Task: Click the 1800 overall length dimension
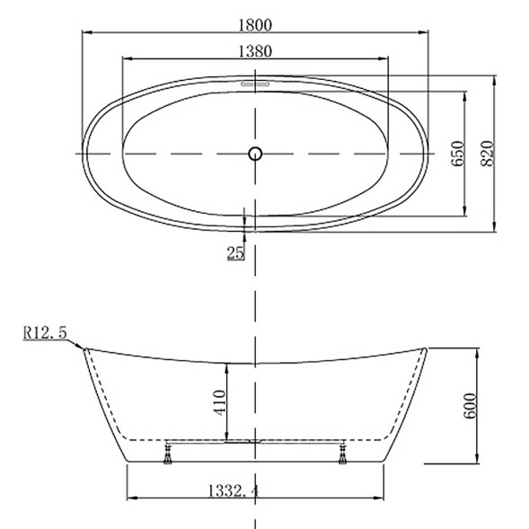pyautogui.click(x=255, y=25)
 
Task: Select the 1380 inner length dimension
pyautogui.click(x=255, y=51)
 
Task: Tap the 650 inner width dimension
pyautogui.click(x=458, y=154)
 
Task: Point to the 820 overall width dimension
pyautogui.click(x=487, y=154)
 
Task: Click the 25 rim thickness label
pyautogui.click(x=235, y=252)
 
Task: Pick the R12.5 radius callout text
pyautogui.click(x=45, y=332)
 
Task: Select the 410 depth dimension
pyautogui.click(x=219, y=402)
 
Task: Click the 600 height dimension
pyautogui.click(x=470, y=406)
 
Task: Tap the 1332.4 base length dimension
pyautogui.click(x=234, y=491)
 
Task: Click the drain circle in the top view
pyautogui.click(x=255, y=154)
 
